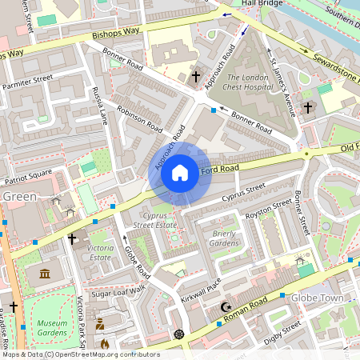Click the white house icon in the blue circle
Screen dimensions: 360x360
pos(180,173)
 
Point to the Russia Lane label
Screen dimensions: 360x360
pos(100,106)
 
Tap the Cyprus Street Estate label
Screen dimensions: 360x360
pos(154,221)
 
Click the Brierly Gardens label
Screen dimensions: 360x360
pos(225,238)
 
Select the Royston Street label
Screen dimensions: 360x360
pos(270,210)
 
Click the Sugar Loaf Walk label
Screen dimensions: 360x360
pos(118,291)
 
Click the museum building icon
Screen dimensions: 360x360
pos(44,274)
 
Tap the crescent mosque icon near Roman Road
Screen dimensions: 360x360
pos(225,307)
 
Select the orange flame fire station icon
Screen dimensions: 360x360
pos(104,343)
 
